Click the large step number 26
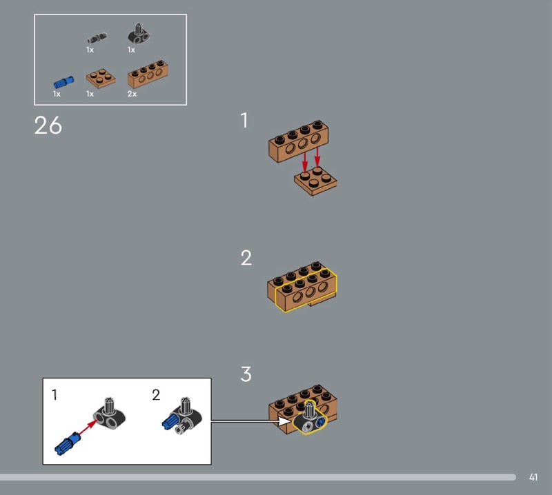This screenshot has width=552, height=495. coord(48,125)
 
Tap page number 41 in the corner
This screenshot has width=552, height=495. coord(533,477)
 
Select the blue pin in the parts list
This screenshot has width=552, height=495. coord(63,82)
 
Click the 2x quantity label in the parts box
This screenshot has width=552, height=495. coord(132,94)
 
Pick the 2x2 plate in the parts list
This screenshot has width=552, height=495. coord(101,78)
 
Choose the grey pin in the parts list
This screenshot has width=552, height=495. coord(97,38)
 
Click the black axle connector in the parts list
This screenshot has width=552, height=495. coord(139,34)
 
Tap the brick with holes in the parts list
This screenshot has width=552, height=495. coord(148,74)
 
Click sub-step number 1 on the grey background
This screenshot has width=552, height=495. coord(244,121)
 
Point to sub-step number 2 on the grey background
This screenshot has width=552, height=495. coord(246,258)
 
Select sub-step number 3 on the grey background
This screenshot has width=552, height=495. coord(246,374)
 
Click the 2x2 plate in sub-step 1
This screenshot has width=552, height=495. coord(315,181)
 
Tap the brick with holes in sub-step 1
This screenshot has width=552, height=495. coord(299,141)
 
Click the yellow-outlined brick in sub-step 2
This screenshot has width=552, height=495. coord(306,290)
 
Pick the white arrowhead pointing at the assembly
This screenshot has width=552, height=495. coord(284,421)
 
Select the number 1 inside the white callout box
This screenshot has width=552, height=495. coord(55,394)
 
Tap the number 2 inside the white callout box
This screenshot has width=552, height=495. coord(156,395)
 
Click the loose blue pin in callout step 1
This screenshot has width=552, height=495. coord(67,443)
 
